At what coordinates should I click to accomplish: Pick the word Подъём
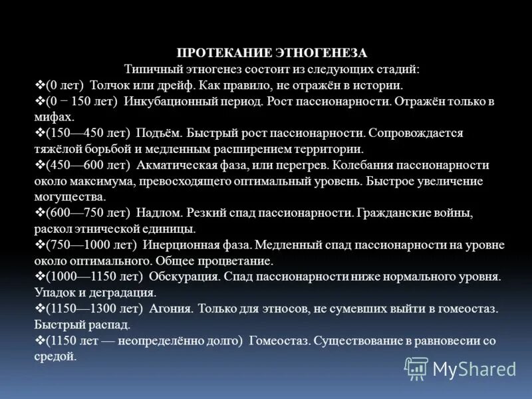(156, 133)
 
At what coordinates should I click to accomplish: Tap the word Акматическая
(177, 165)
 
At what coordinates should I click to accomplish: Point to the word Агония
(170, 309)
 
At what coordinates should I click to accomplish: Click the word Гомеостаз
(279, 340)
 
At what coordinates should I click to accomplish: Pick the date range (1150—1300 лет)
(94, 309)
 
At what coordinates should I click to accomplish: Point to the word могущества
(68, 197)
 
